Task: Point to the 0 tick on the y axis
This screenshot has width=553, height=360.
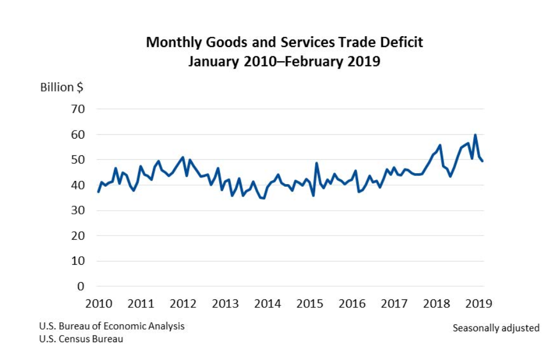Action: point(81,286)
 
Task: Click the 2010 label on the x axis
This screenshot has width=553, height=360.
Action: point(98,303)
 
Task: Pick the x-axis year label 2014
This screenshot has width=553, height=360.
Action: point(267,303)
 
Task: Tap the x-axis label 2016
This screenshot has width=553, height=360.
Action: point(352,303)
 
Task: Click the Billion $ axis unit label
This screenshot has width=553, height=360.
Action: point(62,87)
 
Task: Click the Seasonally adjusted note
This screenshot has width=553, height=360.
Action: point(496,328)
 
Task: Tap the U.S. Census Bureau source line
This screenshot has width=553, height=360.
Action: point(81,339)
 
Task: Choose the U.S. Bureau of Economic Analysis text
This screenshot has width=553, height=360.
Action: point(112,326)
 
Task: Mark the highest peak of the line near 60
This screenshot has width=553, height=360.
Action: point(475,135)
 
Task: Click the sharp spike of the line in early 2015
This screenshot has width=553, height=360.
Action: point(316,163)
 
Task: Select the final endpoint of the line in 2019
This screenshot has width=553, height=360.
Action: point(483,161)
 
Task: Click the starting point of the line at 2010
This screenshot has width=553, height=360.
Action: point(98,192)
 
